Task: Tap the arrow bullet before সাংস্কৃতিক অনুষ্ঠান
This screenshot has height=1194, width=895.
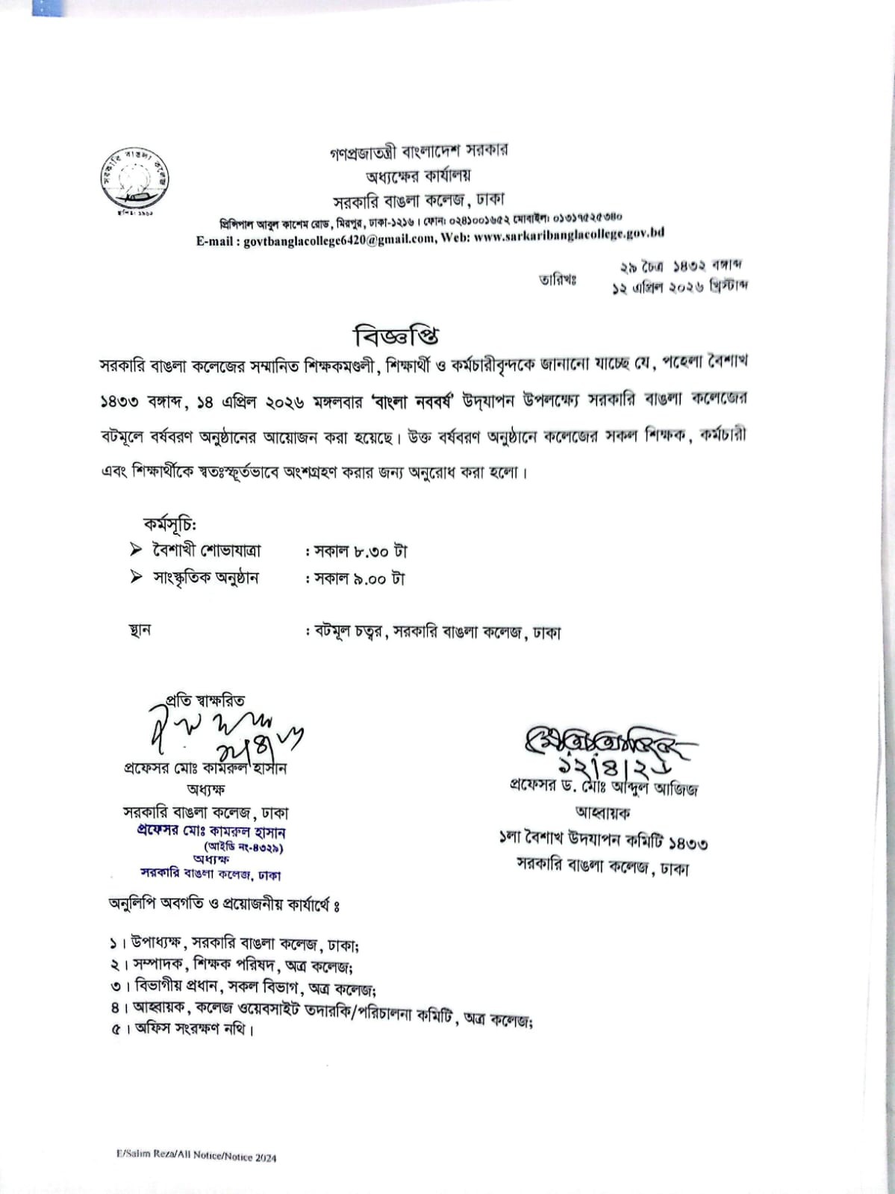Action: [x=136, y=576]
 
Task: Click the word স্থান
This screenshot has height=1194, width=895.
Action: [x=140, y=630]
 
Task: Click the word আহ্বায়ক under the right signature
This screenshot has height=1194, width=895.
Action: [x=602, y=812]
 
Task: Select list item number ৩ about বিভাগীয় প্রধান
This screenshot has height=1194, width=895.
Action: [x=243, y=989]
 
